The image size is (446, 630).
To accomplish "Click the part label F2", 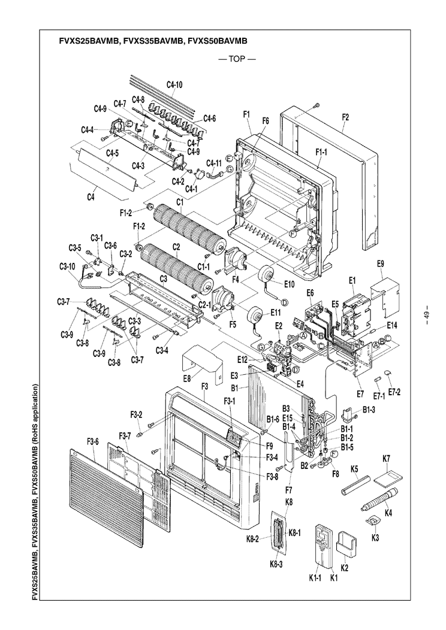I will click(x=345, y=118).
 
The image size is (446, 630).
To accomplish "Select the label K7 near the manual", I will click(x=387, y=459).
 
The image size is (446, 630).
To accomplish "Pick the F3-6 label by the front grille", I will click(x=92, y=458).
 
